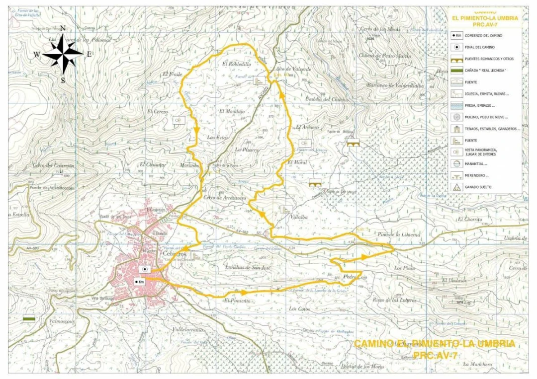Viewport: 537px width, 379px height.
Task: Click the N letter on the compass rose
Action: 63,29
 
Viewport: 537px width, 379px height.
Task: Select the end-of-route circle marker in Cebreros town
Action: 145,269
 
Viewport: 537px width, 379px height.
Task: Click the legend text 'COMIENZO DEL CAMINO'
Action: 484,36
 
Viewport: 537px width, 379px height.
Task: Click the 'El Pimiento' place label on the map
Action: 237,301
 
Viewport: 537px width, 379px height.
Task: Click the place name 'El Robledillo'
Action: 237,64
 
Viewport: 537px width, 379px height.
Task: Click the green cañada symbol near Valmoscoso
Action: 29,319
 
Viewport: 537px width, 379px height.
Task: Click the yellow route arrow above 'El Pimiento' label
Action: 244,293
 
